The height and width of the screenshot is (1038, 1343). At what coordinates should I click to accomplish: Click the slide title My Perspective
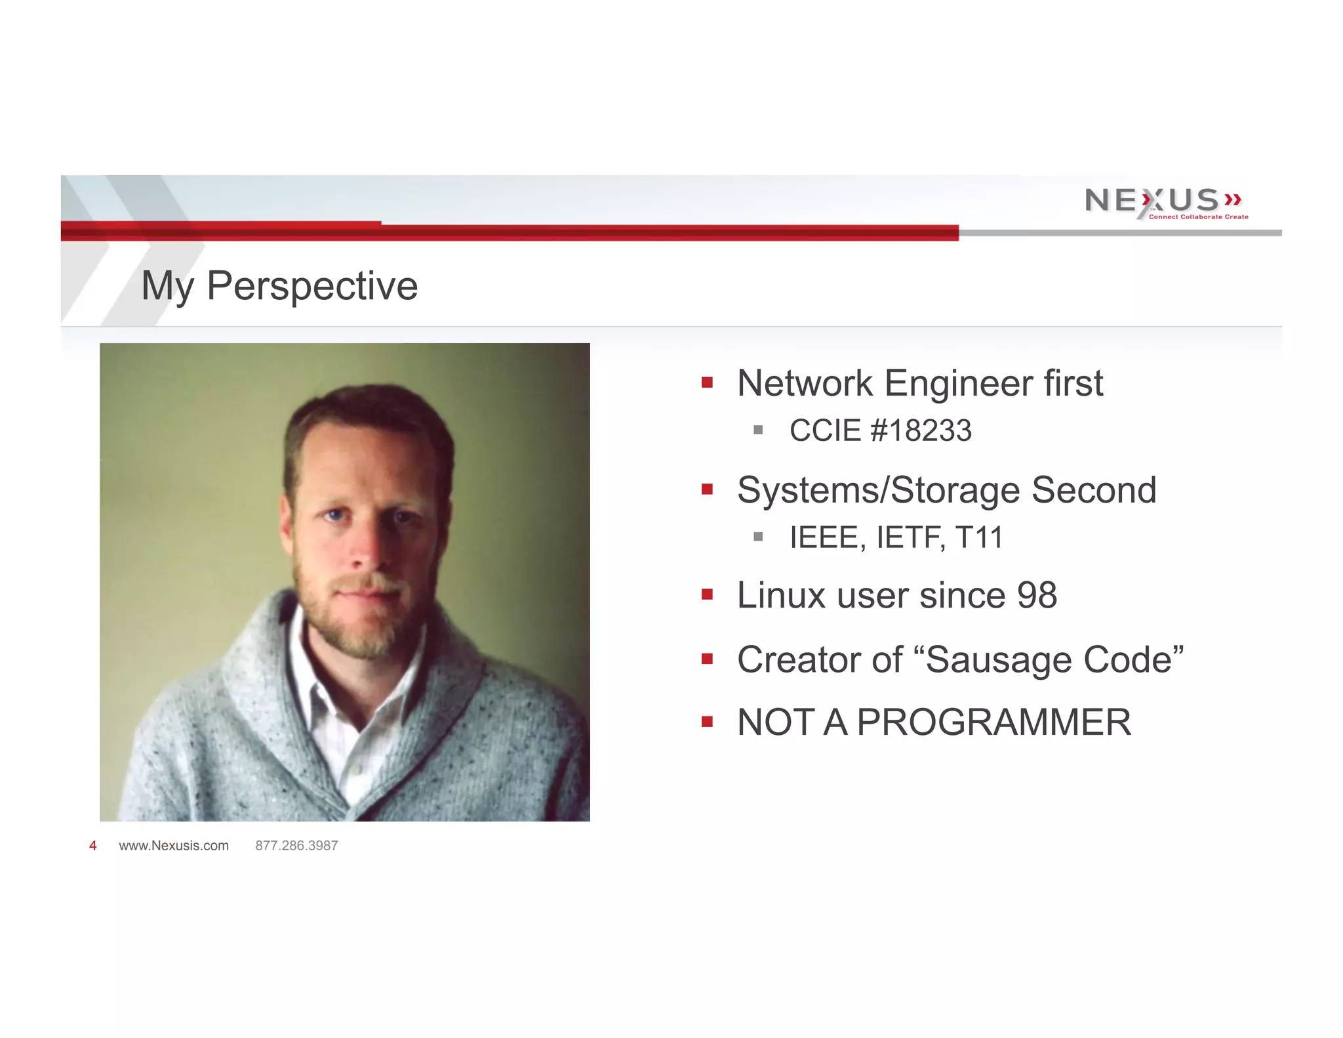(x=279, y=286)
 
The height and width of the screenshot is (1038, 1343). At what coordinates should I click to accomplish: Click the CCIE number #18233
(x=921, y=431)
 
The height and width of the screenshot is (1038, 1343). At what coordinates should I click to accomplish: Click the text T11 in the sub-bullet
(x=979, y=538)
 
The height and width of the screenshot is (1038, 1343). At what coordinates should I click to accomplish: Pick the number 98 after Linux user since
(x=1037, y=596)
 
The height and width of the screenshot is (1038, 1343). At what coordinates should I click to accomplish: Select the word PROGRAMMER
(x=993, y=722)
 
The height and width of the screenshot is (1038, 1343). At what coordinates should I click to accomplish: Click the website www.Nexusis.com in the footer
(x=174, y=846)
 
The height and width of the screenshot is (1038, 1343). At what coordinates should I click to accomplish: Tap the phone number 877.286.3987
(x=296, y=846)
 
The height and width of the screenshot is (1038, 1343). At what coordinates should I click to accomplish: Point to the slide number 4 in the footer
(x=92, y=846)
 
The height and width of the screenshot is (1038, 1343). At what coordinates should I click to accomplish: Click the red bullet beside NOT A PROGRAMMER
(x=707, y=722)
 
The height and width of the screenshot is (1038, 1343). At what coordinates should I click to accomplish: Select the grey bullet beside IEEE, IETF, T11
(x=758, y=537)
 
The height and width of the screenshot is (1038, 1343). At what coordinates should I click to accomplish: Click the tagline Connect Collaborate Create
(x=1198, y=217)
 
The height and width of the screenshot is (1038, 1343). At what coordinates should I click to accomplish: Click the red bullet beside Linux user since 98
(x=707, y=595)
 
